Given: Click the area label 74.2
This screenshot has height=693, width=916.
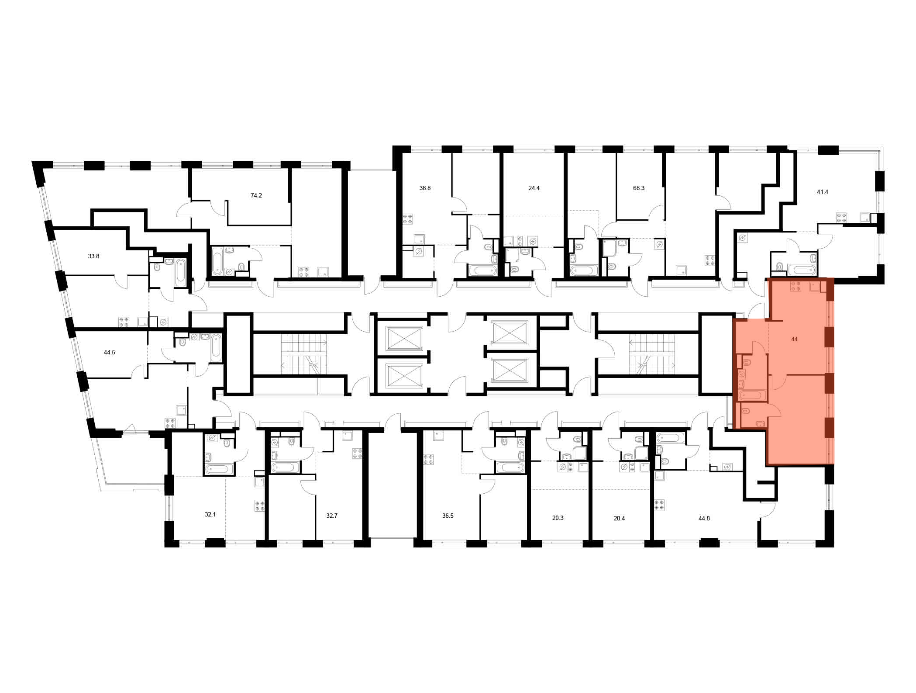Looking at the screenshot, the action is click(x=256, y=195).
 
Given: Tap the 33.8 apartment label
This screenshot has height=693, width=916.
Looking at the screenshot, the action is click(x=93, y=256).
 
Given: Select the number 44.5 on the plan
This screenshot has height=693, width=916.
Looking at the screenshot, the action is click(x=109, y=352).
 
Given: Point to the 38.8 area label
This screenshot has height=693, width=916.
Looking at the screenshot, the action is click(x=425, y=188).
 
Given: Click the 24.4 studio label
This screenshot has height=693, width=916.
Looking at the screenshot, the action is click(x=534, y=188).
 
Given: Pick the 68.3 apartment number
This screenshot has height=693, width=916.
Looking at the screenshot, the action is click(x=639, y=188).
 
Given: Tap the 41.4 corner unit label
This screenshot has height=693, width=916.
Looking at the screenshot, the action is click(x=823, y=192).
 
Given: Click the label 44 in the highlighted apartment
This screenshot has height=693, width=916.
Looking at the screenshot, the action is click(x=794, y=339).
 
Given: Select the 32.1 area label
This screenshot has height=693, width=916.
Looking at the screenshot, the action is click(x=210, y=514).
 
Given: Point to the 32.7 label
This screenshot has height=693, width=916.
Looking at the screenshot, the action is click(x=332, y=516).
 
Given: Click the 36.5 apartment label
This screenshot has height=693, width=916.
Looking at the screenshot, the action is click(x=448, y=516).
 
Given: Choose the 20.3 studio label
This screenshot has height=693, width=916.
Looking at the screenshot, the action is click(x=558, y=518).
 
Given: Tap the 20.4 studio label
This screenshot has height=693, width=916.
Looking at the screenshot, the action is click(x=620, y=518).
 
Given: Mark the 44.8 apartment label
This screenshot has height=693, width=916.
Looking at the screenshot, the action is click(x=704, y=518).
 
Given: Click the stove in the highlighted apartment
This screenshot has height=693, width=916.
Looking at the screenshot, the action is click(x=796, y=287).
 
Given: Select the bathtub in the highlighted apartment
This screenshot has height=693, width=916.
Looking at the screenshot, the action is click(x=752, y=396).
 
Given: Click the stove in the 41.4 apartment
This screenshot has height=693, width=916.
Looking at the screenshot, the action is click(x=841, y=218).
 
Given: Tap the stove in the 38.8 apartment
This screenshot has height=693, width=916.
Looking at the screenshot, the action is click(x=407, y=219).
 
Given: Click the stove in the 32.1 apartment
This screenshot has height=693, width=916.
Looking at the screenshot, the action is click(x=260, y=506).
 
